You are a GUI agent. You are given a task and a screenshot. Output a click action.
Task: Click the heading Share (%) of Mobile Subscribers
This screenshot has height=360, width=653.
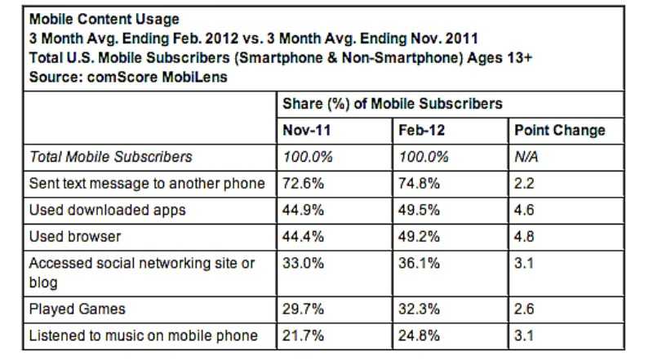click(392, 104)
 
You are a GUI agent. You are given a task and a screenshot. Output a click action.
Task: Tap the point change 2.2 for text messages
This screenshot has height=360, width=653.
click(523, 184)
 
